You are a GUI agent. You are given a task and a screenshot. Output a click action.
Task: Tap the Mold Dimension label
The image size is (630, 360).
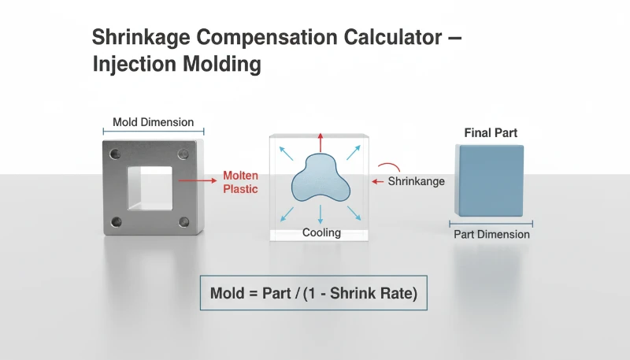pos(153,122)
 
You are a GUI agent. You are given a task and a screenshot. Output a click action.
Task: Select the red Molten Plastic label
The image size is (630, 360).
pos(240,182)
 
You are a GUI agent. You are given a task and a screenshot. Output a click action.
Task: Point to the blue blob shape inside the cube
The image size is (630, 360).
pos(320,180)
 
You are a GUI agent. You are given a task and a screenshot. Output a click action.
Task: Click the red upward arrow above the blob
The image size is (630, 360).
pos(320,143)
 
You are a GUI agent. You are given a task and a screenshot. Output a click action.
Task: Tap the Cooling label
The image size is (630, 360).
pos(321,232)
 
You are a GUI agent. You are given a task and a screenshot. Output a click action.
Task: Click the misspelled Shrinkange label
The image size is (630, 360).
pos(417,181)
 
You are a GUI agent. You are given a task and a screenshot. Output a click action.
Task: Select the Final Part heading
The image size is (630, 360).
pos(491,133)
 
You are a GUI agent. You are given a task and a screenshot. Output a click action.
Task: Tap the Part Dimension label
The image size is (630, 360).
pos(491,234)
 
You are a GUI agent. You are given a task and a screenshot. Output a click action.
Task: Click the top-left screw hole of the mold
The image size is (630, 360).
pos(117,154)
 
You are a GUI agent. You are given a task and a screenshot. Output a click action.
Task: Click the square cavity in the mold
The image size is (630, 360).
pos(150,187)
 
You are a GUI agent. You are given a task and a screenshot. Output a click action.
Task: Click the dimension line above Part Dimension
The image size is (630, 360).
pos(491,223)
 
